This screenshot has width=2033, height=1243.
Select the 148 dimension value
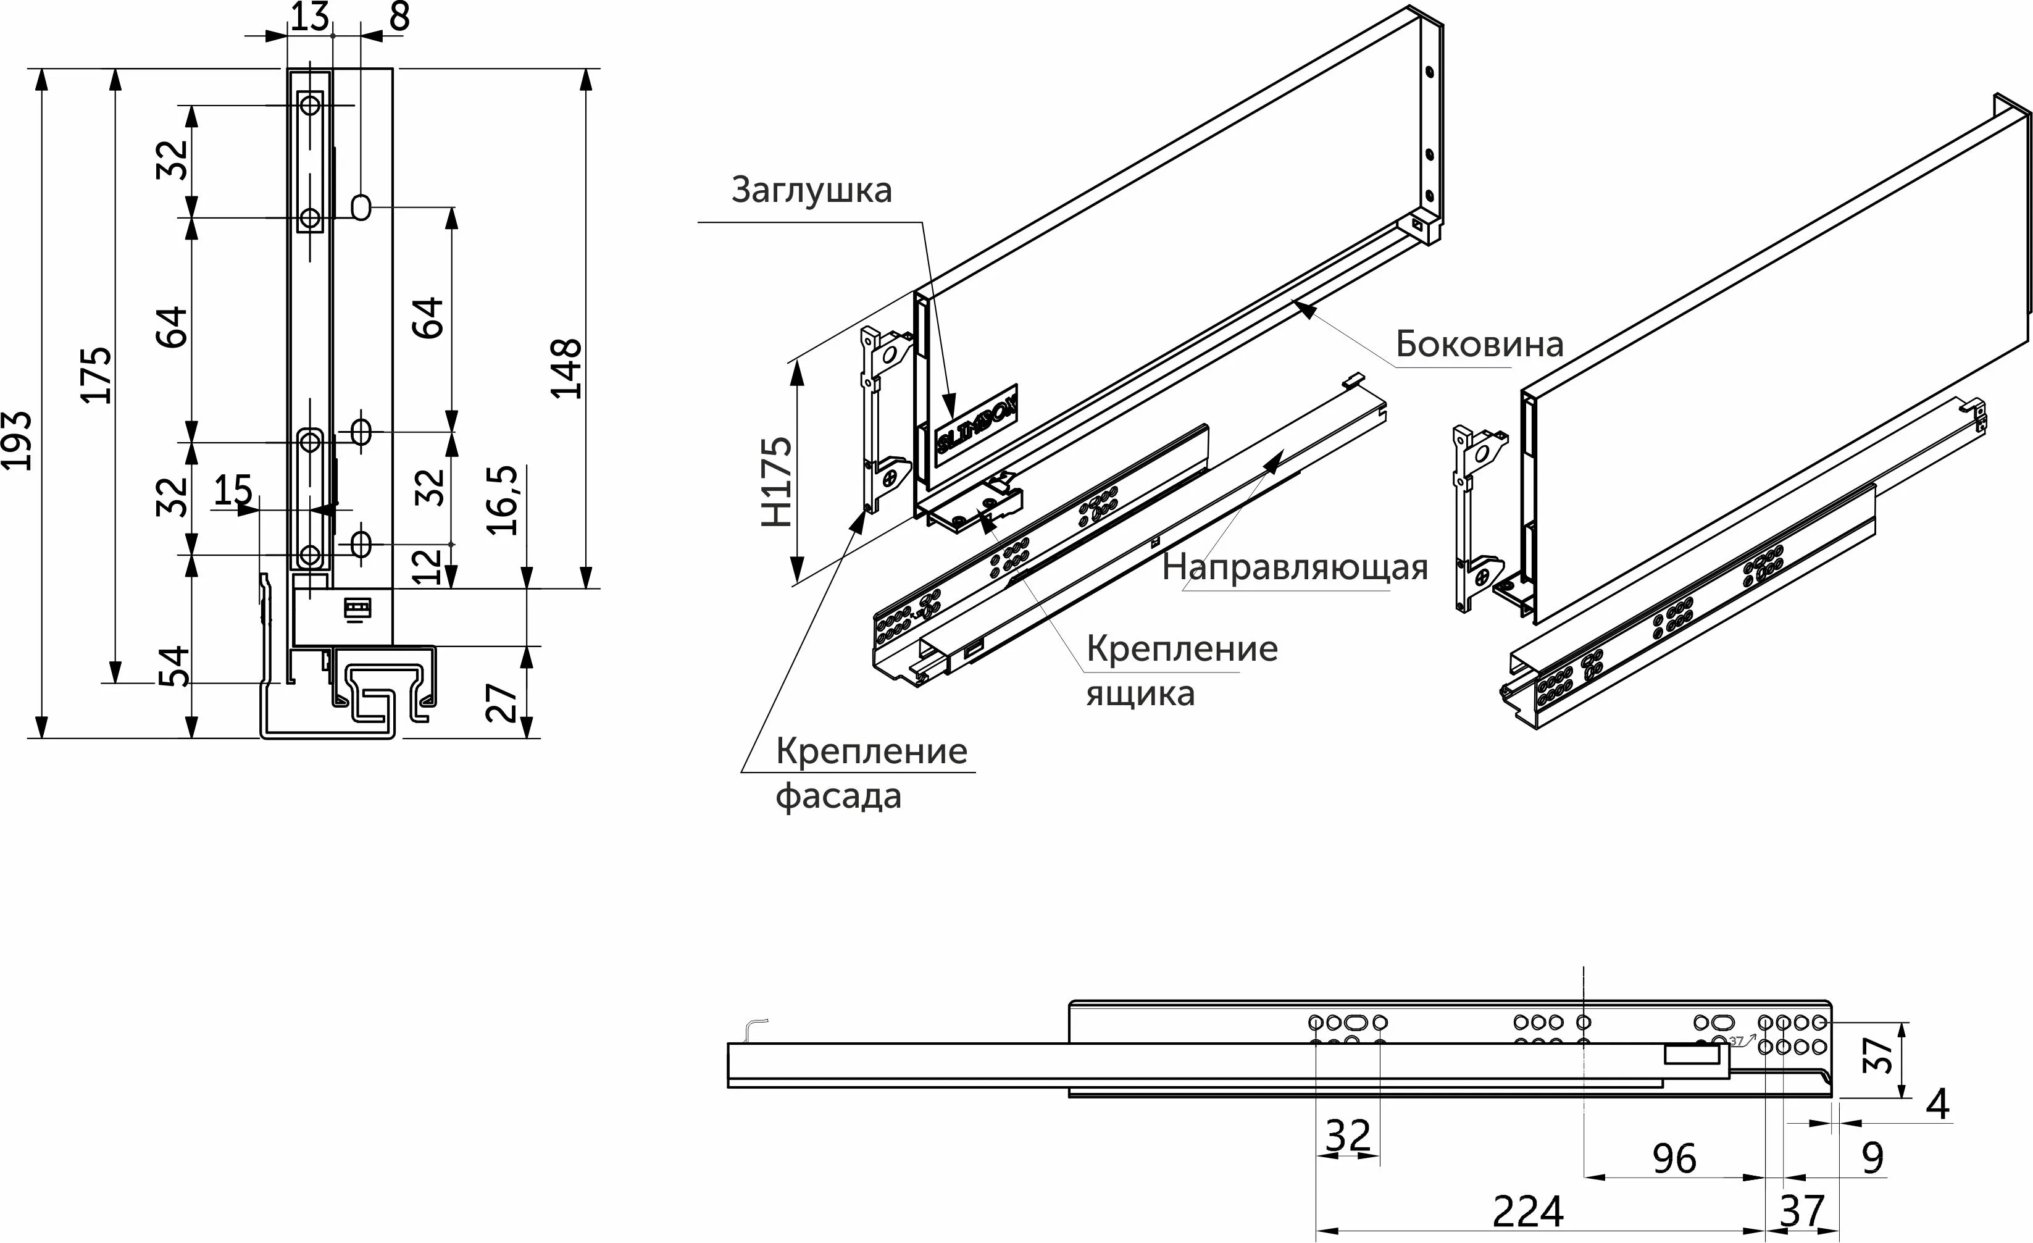coord(567,368)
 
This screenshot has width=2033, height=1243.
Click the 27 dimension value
coord(503,702)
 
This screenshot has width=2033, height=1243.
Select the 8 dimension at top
coord(399,17)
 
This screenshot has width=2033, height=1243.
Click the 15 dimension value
coord(233,490)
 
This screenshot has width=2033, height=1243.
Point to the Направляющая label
coord(1295,568)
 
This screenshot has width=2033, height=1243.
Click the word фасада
coord(838,797)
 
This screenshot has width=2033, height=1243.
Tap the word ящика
coord(1140,694)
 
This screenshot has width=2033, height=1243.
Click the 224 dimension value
coord(1528,1212)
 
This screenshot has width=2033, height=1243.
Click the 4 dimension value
coord(1937,1104)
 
